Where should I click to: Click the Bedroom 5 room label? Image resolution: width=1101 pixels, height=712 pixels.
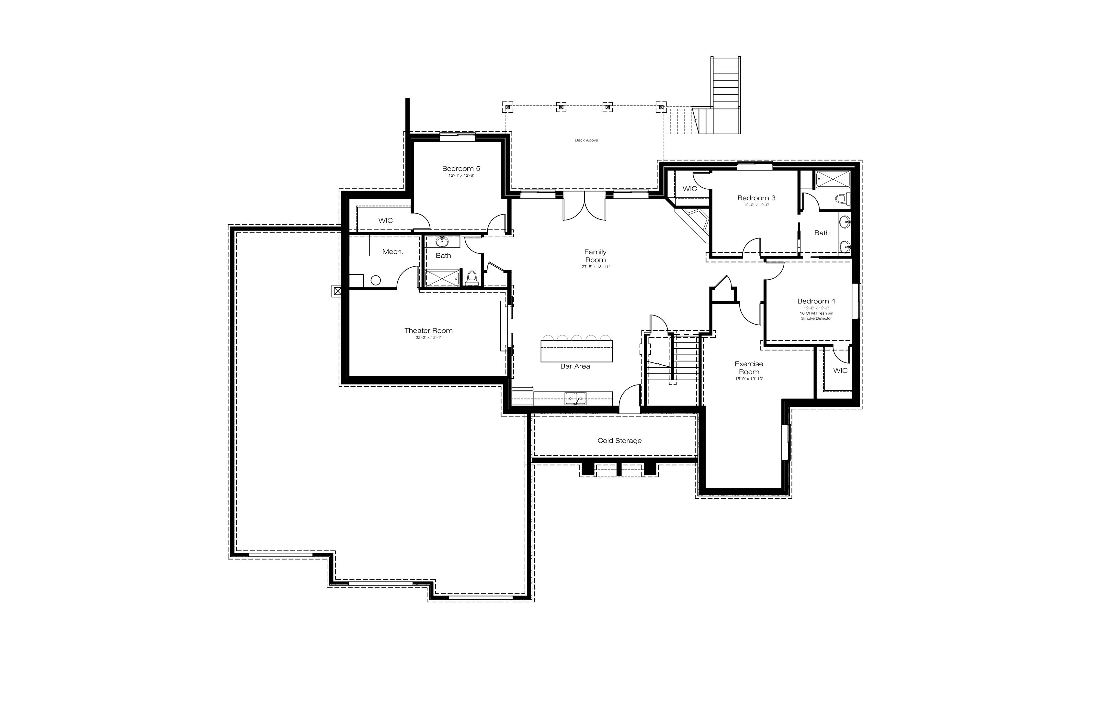(x=461, y=169)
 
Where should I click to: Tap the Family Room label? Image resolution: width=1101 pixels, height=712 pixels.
(x=596, y=256)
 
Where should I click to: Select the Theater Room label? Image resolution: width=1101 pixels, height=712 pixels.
(x=428, y=330)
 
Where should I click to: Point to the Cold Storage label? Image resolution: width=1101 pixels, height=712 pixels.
(x=619, y=440)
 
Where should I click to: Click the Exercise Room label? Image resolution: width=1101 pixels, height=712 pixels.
(x=749, y=368)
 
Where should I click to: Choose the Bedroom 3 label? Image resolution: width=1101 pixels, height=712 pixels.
(x=756, y=198)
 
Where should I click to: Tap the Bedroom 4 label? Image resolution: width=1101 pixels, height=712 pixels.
(x=816, y=301)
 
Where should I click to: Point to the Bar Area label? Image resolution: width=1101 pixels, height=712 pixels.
(x=575, y=366)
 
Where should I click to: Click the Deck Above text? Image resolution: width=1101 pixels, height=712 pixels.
(x=586, y=140)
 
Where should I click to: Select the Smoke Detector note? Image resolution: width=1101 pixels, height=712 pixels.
(x=816, y=318)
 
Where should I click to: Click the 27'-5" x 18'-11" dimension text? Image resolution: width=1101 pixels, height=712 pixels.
(x=596, y=267)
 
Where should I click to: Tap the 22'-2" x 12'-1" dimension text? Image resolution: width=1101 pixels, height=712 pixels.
(x=428, y=338)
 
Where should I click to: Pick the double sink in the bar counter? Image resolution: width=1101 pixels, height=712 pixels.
(x=575, y=398)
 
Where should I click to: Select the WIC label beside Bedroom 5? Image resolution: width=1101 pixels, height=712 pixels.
(x=385, y=220)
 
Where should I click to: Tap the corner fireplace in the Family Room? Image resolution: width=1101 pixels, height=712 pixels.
(x=693, y=225)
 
